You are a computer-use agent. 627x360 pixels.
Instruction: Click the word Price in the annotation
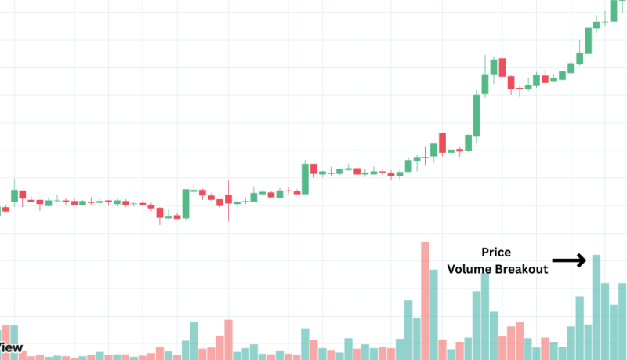click(495, 252)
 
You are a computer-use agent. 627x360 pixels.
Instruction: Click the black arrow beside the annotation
click(569, 260)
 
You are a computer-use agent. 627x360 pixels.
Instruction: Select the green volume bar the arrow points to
click(596, 307)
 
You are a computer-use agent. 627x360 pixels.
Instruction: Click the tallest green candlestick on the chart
click(476, 115)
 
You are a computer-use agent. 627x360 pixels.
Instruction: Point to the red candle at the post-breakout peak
click(502, 66)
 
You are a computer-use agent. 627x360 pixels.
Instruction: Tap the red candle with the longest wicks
click(228, 198)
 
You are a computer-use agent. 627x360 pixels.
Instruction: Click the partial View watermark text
click(11, 347)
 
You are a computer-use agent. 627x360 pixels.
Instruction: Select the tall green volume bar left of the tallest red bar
click(408, 329)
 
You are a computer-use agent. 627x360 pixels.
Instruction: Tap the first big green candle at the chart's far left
click(13, 195)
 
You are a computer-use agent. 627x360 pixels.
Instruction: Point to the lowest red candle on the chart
click(160, 212)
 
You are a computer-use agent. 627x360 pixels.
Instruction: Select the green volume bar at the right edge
click(622, 321)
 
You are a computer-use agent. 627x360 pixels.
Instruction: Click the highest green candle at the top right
click(614, 10)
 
